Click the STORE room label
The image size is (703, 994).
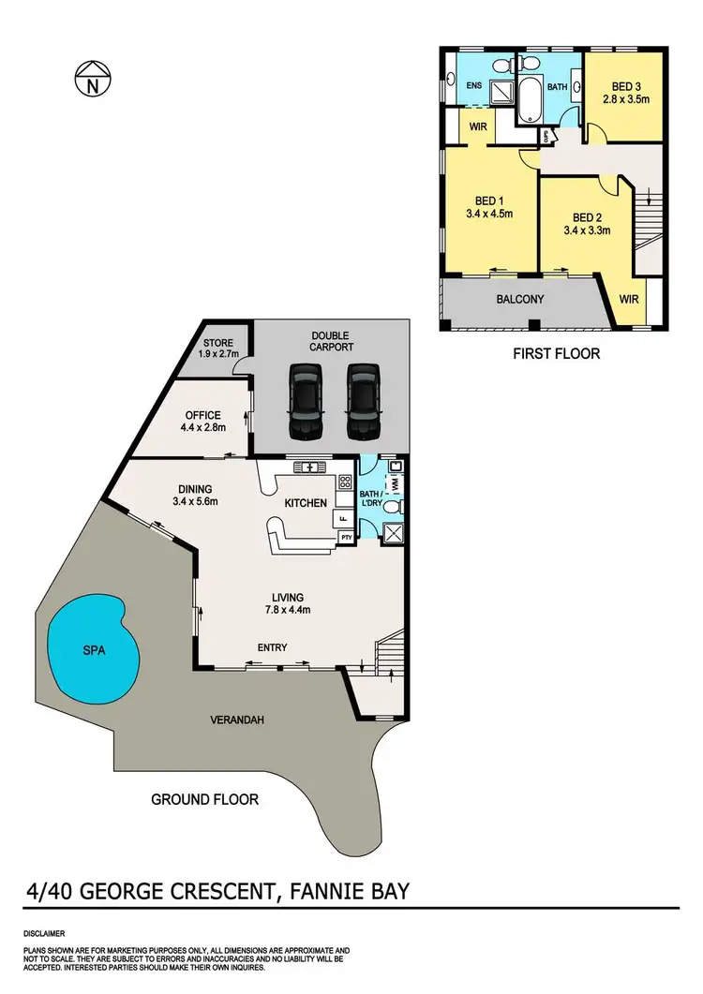tap(217, 343)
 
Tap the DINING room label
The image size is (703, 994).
tap(195, 488)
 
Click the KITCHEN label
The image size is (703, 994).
tap(306, 503)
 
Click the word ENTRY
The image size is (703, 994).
tap(273, 647)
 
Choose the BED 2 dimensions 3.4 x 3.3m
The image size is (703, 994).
tap(587, 229)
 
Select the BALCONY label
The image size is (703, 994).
tap(519, 300)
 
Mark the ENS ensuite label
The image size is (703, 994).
tap(474, 86)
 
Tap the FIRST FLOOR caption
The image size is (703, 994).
tap(557, 353)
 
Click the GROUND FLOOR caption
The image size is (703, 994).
tap(204, 799)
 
